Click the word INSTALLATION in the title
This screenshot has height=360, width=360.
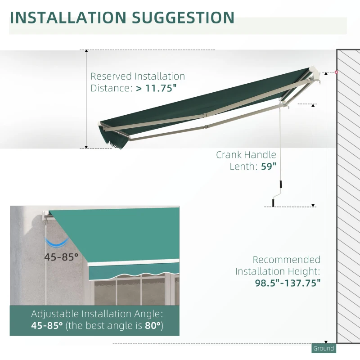click(67, 17)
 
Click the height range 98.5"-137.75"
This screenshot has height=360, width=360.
click(286, 283)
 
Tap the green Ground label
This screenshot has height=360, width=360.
click(324, 348)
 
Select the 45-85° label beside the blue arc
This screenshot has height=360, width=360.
click(61, 257)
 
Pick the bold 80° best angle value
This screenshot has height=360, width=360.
click(153, 325)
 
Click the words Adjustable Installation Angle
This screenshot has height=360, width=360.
click(97, 314)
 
